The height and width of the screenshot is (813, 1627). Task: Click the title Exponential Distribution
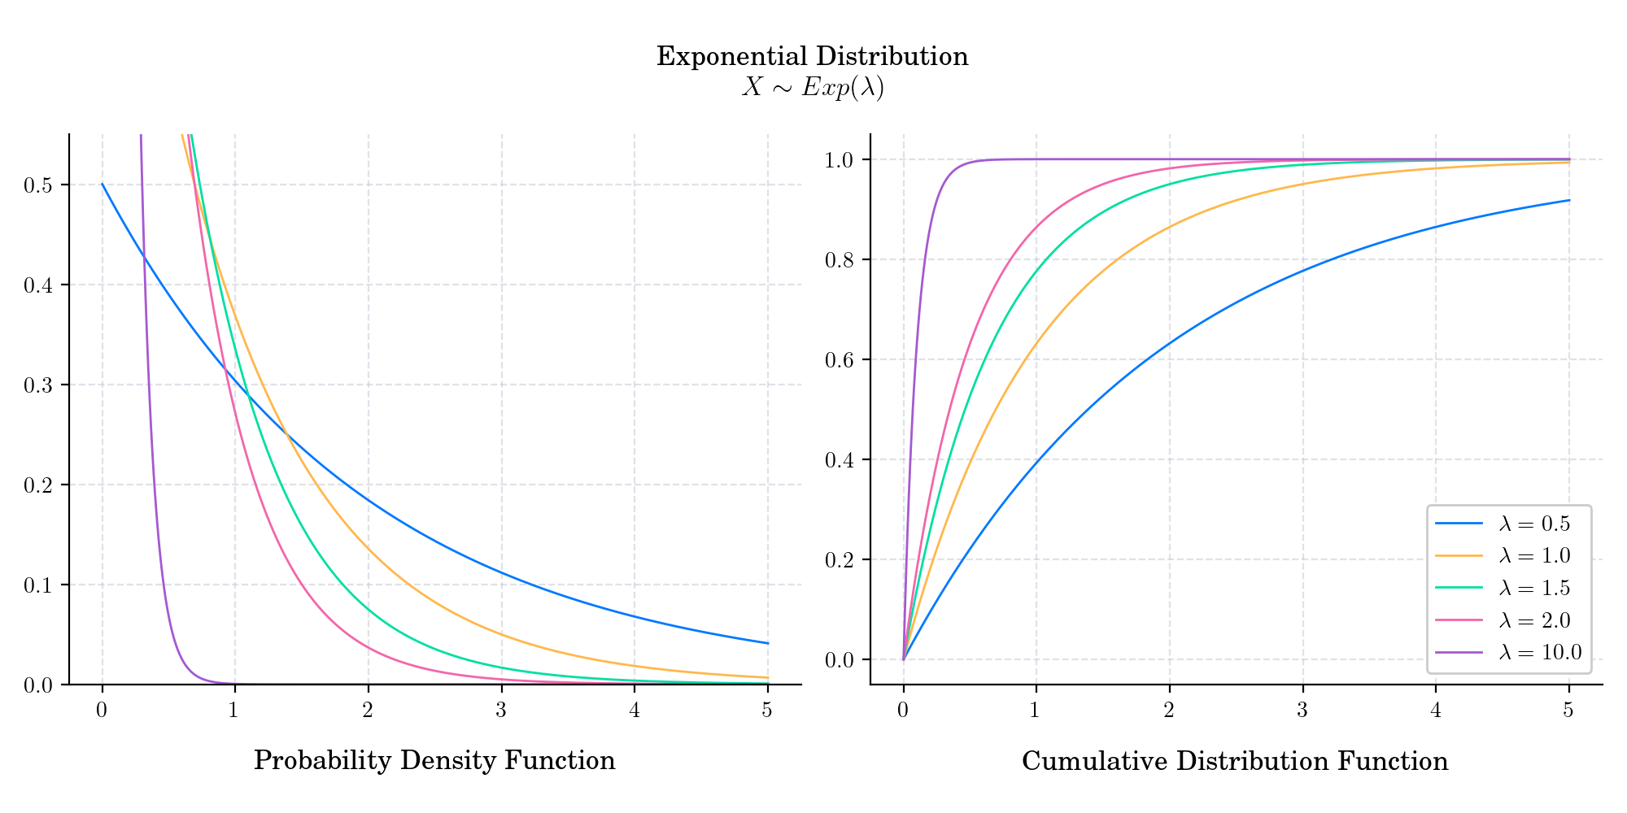[x=812, y=57]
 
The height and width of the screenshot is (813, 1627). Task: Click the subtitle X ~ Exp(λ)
[x=812, y=88]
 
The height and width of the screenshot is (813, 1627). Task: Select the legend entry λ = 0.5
[x=1534, y=524]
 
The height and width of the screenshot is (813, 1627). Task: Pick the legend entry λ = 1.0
[x=1534, y=556]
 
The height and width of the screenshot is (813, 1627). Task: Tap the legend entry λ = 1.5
[x=1534, y=589]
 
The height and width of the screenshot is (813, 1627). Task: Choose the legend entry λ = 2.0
[x=1534, y=620]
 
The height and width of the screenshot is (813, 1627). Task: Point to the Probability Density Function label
[x=434, y=761]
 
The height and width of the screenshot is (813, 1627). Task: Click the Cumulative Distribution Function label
[x=1235, y=762]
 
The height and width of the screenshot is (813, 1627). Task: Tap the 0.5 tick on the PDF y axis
[x=38, y=185]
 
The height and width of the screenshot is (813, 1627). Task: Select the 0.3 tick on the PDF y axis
[x=38, y=385]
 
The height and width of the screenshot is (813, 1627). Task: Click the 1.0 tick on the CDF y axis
[x=840, y=160]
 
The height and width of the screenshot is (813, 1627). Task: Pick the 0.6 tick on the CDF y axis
[x=840, y=360]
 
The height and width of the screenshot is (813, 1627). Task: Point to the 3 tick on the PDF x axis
[x=501, y=711]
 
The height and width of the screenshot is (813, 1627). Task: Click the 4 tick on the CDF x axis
[x=1436, y=711]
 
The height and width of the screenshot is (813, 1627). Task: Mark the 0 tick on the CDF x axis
[x=903, y=711]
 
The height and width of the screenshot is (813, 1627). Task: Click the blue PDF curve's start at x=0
[x=103, y=185]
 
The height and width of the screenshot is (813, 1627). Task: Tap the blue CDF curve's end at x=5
[x=1568, y=201]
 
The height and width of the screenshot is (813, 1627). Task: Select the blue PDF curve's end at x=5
[x=767, y=643]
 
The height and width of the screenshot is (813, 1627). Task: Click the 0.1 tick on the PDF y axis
[x=38, y=585]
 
